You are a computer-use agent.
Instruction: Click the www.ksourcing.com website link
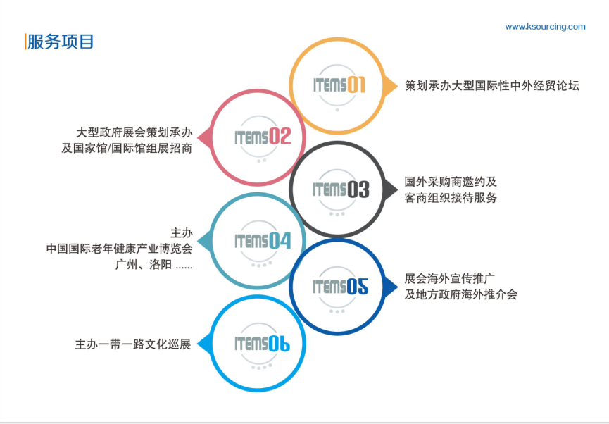click(x=545, y=27)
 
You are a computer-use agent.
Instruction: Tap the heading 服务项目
click(x=61, y=42)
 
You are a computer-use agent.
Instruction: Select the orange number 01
click(x=356, y=85)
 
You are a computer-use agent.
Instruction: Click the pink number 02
click(x=280, y=137)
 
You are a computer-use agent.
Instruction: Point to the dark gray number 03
click(x=358, y=189)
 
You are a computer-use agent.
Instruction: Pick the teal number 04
click(x=280, y=241)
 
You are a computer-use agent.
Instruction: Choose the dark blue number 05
click(x=358, y=287)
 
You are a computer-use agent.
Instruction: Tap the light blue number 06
click(x=280, y=344)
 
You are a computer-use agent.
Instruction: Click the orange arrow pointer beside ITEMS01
click(x=391, y=85)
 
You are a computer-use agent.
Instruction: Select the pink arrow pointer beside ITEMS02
click(x=205, y=137)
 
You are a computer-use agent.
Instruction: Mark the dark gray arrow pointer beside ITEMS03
click(x=391, y=189)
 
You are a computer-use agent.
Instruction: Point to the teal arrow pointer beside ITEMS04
click(x=205, y=242)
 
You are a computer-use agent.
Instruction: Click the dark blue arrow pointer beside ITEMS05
click(x=391, y=287)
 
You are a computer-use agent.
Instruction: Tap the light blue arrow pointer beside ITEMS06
click(x=205, y=344)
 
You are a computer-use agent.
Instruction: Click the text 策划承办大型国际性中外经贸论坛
click(x=491, y=85)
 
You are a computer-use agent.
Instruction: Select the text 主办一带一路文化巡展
click(x=133, y=344)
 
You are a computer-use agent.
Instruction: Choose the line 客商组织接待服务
click(x=451, y=197)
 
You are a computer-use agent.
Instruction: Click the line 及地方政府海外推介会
click(x=460, y=294)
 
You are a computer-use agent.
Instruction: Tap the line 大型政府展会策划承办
click(x=134, y=132)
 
